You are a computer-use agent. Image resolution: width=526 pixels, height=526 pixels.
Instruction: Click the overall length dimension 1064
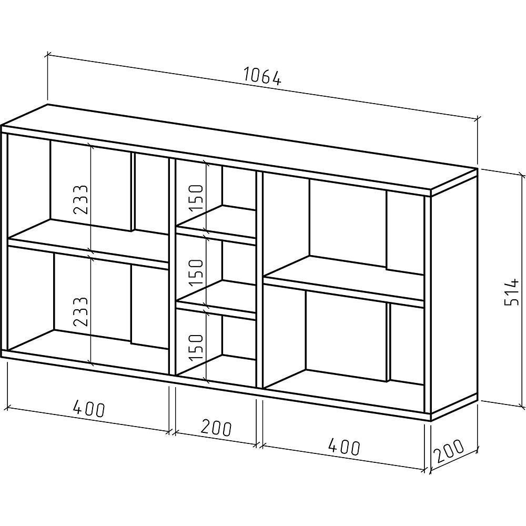(262, 77)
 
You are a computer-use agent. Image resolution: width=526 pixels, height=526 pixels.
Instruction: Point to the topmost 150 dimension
(196, 197)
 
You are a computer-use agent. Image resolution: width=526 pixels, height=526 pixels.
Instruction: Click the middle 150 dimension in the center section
(196, 271)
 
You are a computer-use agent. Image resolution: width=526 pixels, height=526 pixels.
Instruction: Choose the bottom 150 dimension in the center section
(196, 346)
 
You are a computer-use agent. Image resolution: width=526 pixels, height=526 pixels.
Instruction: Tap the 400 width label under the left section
(89, 408)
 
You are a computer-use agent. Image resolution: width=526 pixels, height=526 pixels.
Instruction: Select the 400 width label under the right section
(344, 447)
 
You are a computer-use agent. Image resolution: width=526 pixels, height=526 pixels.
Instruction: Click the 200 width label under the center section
(216, 428)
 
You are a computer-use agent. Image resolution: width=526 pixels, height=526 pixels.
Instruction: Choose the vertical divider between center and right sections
(259, 279)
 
